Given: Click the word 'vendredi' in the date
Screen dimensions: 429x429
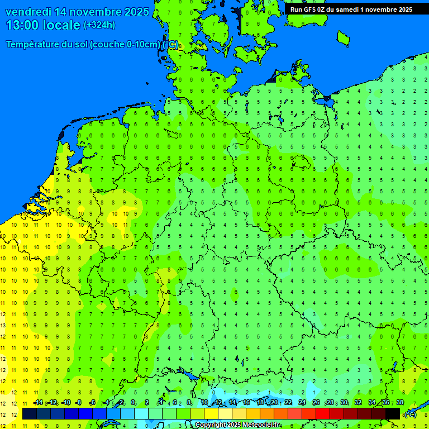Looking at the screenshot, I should pyautogui.click(x=30, y=12).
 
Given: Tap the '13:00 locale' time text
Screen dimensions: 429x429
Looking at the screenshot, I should pyautogui.click(x=42, y=25).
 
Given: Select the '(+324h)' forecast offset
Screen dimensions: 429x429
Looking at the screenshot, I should pyautogui.click(x=99, y=25).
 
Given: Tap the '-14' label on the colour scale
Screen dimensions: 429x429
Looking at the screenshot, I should pyautogui.click(x=38, y=403).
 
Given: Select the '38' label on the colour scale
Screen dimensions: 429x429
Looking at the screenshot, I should pyautogui.click(x=399, y=403).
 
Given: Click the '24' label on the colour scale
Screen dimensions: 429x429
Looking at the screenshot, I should pyautogui.click(x=302, y=403).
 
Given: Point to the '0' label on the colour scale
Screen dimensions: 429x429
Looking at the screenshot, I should pyautogui.click(x=133, y=403).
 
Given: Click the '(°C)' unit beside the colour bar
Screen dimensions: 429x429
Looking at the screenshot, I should pyautogui.click(x=410, y=414).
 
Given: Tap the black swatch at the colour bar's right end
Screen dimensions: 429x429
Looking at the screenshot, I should pyautogui.click(x=393, y=414).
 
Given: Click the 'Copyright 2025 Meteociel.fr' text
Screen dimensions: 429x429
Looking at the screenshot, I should pyautogui.click(x=237, y=425).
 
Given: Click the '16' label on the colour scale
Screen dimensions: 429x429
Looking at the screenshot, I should pyautogui.click(x=246, y=403).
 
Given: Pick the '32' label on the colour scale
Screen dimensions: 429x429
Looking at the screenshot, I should pyautogui.click(x=357, y=403).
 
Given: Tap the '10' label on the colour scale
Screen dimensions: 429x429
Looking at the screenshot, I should pyautogui.click(x=204, y=403).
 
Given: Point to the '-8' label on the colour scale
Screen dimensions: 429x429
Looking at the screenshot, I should pyautogui.click(x=79, y=403).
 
